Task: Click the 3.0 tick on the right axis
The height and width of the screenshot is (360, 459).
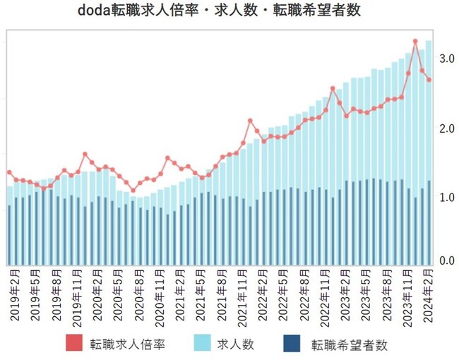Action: tap(446, 60)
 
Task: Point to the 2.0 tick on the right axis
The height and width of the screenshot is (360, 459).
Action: tap(446, 129)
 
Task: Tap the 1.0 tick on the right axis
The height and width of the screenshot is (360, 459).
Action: tap(446, 198)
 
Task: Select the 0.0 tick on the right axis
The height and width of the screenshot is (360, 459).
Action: tap(446, 261)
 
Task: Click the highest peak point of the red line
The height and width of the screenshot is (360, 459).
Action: tap(415, 42)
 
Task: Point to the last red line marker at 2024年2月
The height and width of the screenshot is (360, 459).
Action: tap(429, 79)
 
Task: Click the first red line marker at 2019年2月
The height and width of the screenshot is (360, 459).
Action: tap(9, 172)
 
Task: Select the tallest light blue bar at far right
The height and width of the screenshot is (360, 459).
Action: tap(429, 106)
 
